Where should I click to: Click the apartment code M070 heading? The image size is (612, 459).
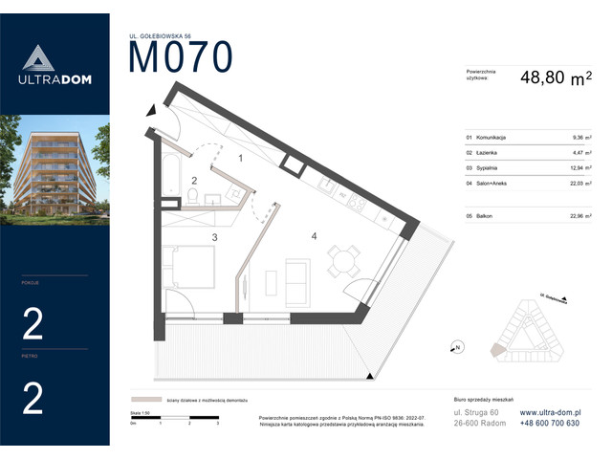tap(180, 58)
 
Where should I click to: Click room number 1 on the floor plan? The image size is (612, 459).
tap(241, 158)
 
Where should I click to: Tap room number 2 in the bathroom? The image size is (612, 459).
tap(194, 180)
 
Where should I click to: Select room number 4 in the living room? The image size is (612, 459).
tap(313, 234)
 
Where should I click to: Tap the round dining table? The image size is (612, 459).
tap(343, 258)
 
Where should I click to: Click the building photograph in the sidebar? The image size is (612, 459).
tap(55, 164)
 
